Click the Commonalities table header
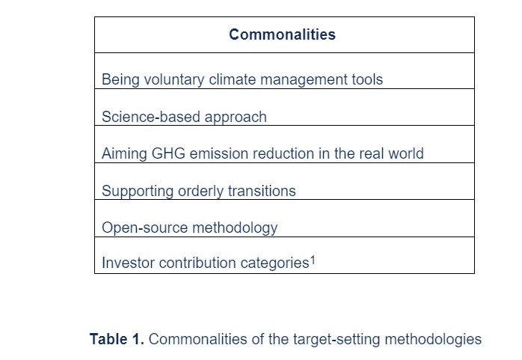(x=282, y=34)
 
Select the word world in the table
(x=404, y=153)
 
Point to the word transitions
(x=262, y=191)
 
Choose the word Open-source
(x=139, y=228)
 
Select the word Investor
(x=126, y=263)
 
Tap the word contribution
(x=191, y=263)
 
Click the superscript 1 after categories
(x=313, y=260)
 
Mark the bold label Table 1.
(x=117, y=339)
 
